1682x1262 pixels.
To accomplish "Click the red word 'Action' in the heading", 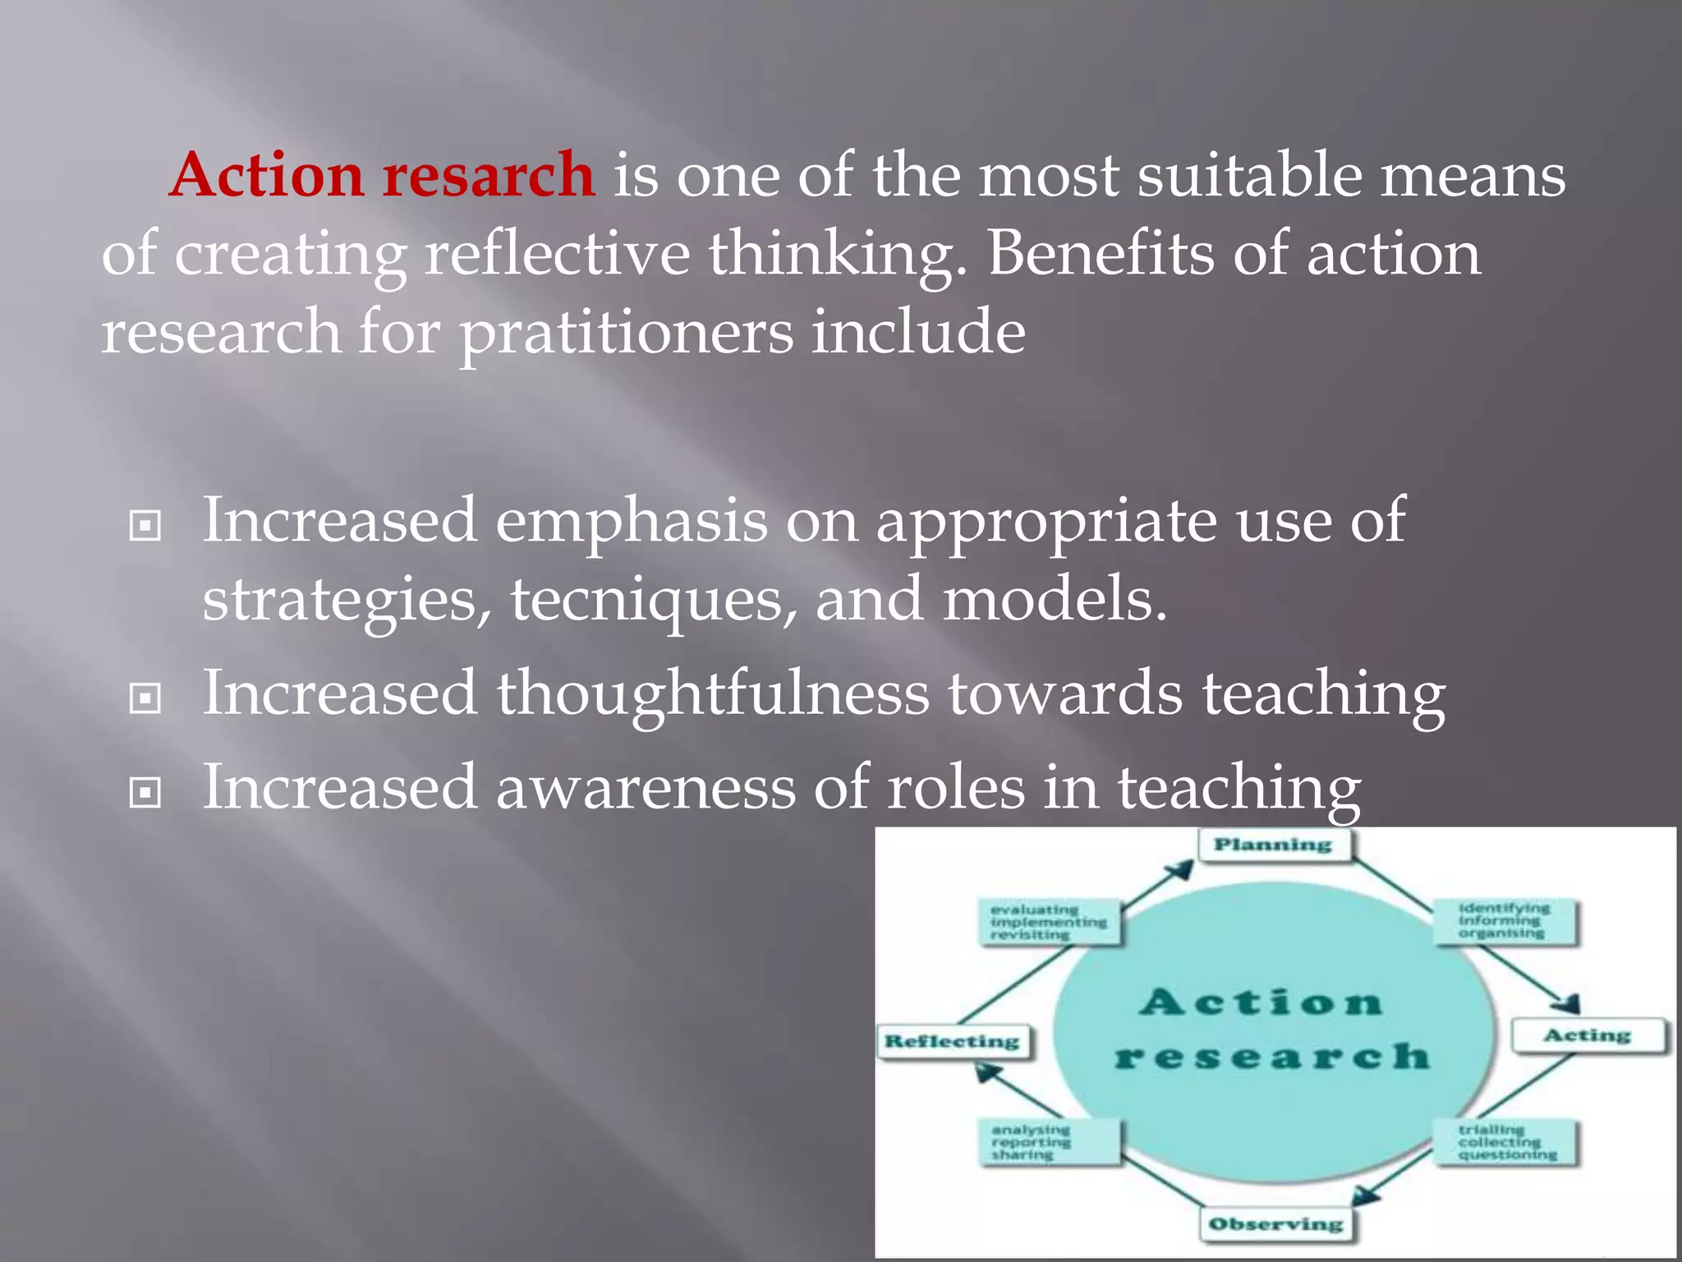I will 266,175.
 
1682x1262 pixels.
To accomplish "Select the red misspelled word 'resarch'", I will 489,175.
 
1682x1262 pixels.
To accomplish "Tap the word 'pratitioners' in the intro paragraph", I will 626,333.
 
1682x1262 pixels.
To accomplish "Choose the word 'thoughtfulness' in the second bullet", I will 712,693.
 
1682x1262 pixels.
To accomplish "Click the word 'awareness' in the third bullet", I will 645,787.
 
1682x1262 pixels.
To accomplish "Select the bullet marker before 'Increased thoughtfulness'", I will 145,699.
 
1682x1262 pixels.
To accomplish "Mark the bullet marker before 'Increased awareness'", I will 145,793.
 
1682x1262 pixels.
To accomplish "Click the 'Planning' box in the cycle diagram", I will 1273,845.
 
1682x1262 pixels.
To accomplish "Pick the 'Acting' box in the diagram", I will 1587,1035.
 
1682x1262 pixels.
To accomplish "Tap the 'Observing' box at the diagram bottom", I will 1275,1223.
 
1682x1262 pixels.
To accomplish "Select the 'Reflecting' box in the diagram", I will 952,1042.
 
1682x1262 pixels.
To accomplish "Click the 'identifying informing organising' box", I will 1505,921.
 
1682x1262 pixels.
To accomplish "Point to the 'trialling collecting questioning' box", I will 1506,1142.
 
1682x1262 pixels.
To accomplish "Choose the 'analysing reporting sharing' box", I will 1050,1142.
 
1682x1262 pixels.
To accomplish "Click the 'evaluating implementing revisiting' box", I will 1049,922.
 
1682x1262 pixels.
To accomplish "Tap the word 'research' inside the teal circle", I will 1272,1057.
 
